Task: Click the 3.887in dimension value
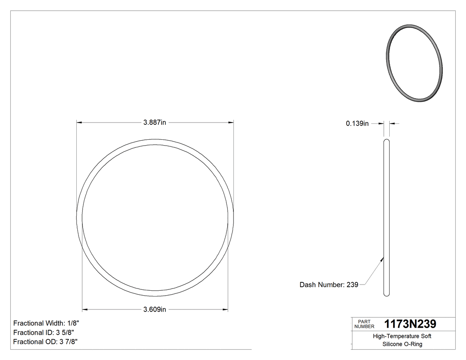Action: (154, 123)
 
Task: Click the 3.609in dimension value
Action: (154, 309)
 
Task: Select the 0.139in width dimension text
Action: (357, 123)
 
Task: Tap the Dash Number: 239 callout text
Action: (329, 285)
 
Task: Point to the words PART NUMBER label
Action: (364, 324)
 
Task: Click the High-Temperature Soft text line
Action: (402, 336)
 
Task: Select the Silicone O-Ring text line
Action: (402, 344)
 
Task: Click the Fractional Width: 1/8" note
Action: (47, 323)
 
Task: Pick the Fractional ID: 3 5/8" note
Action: (43, 332)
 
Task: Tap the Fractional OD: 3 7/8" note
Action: (45, 342)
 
